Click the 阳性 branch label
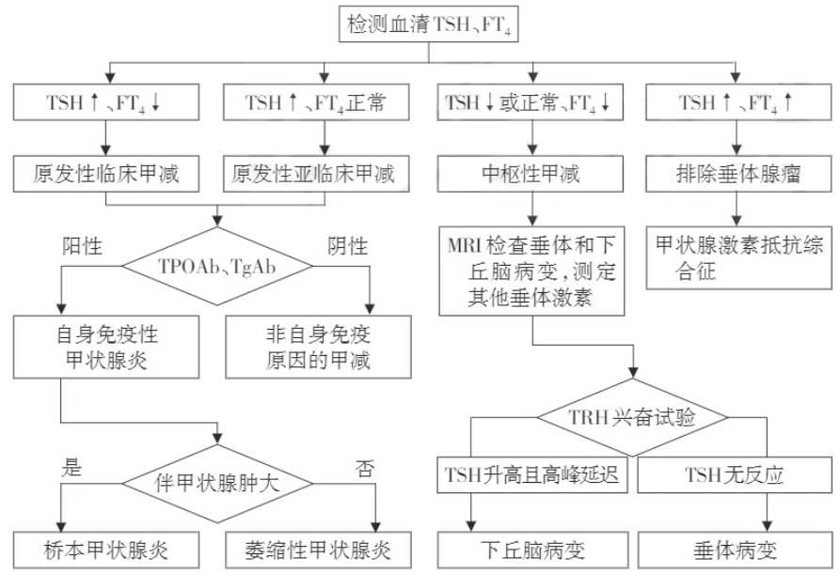(x=82, y=247)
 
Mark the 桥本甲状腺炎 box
(x=108, y=547)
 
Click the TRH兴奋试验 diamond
(x=633, y=416)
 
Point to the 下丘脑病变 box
(x=533, y=547)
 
